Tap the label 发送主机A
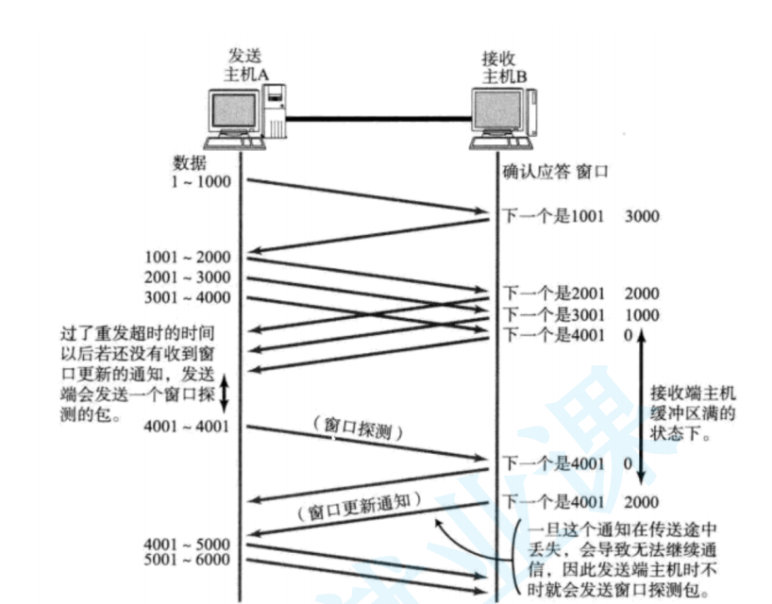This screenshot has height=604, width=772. pyautogui.click(x=244, y=64)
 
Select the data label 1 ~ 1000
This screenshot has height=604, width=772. pyautogui.click(x=200, y=181)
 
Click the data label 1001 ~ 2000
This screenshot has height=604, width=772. pyautogui.click(x=187, y=257)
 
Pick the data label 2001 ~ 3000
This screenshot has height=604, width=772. pyautogui.click(x=187, y=277)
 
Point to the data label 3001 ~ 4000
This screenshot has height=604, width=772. pyautogui.click(x=187, y=298)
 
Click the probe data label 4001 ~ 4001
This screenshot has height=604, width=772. pyautogui.click(x=187, y=427)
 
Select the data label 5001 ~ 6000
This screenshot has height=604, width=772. pyautogui.click(x=187, y=560)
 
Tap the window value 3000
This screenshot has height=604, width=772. pyautogui.click(x=642, y=217)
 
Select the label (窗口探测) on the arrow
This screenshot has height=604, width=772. pyautogui.click(x=358, y=429)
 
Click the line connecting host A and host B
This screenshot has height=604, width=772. pyautogui.click(x=378, y=118)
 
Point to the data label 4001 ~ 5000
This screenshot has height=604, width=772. pyautogui.click(x=187, y=544)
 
